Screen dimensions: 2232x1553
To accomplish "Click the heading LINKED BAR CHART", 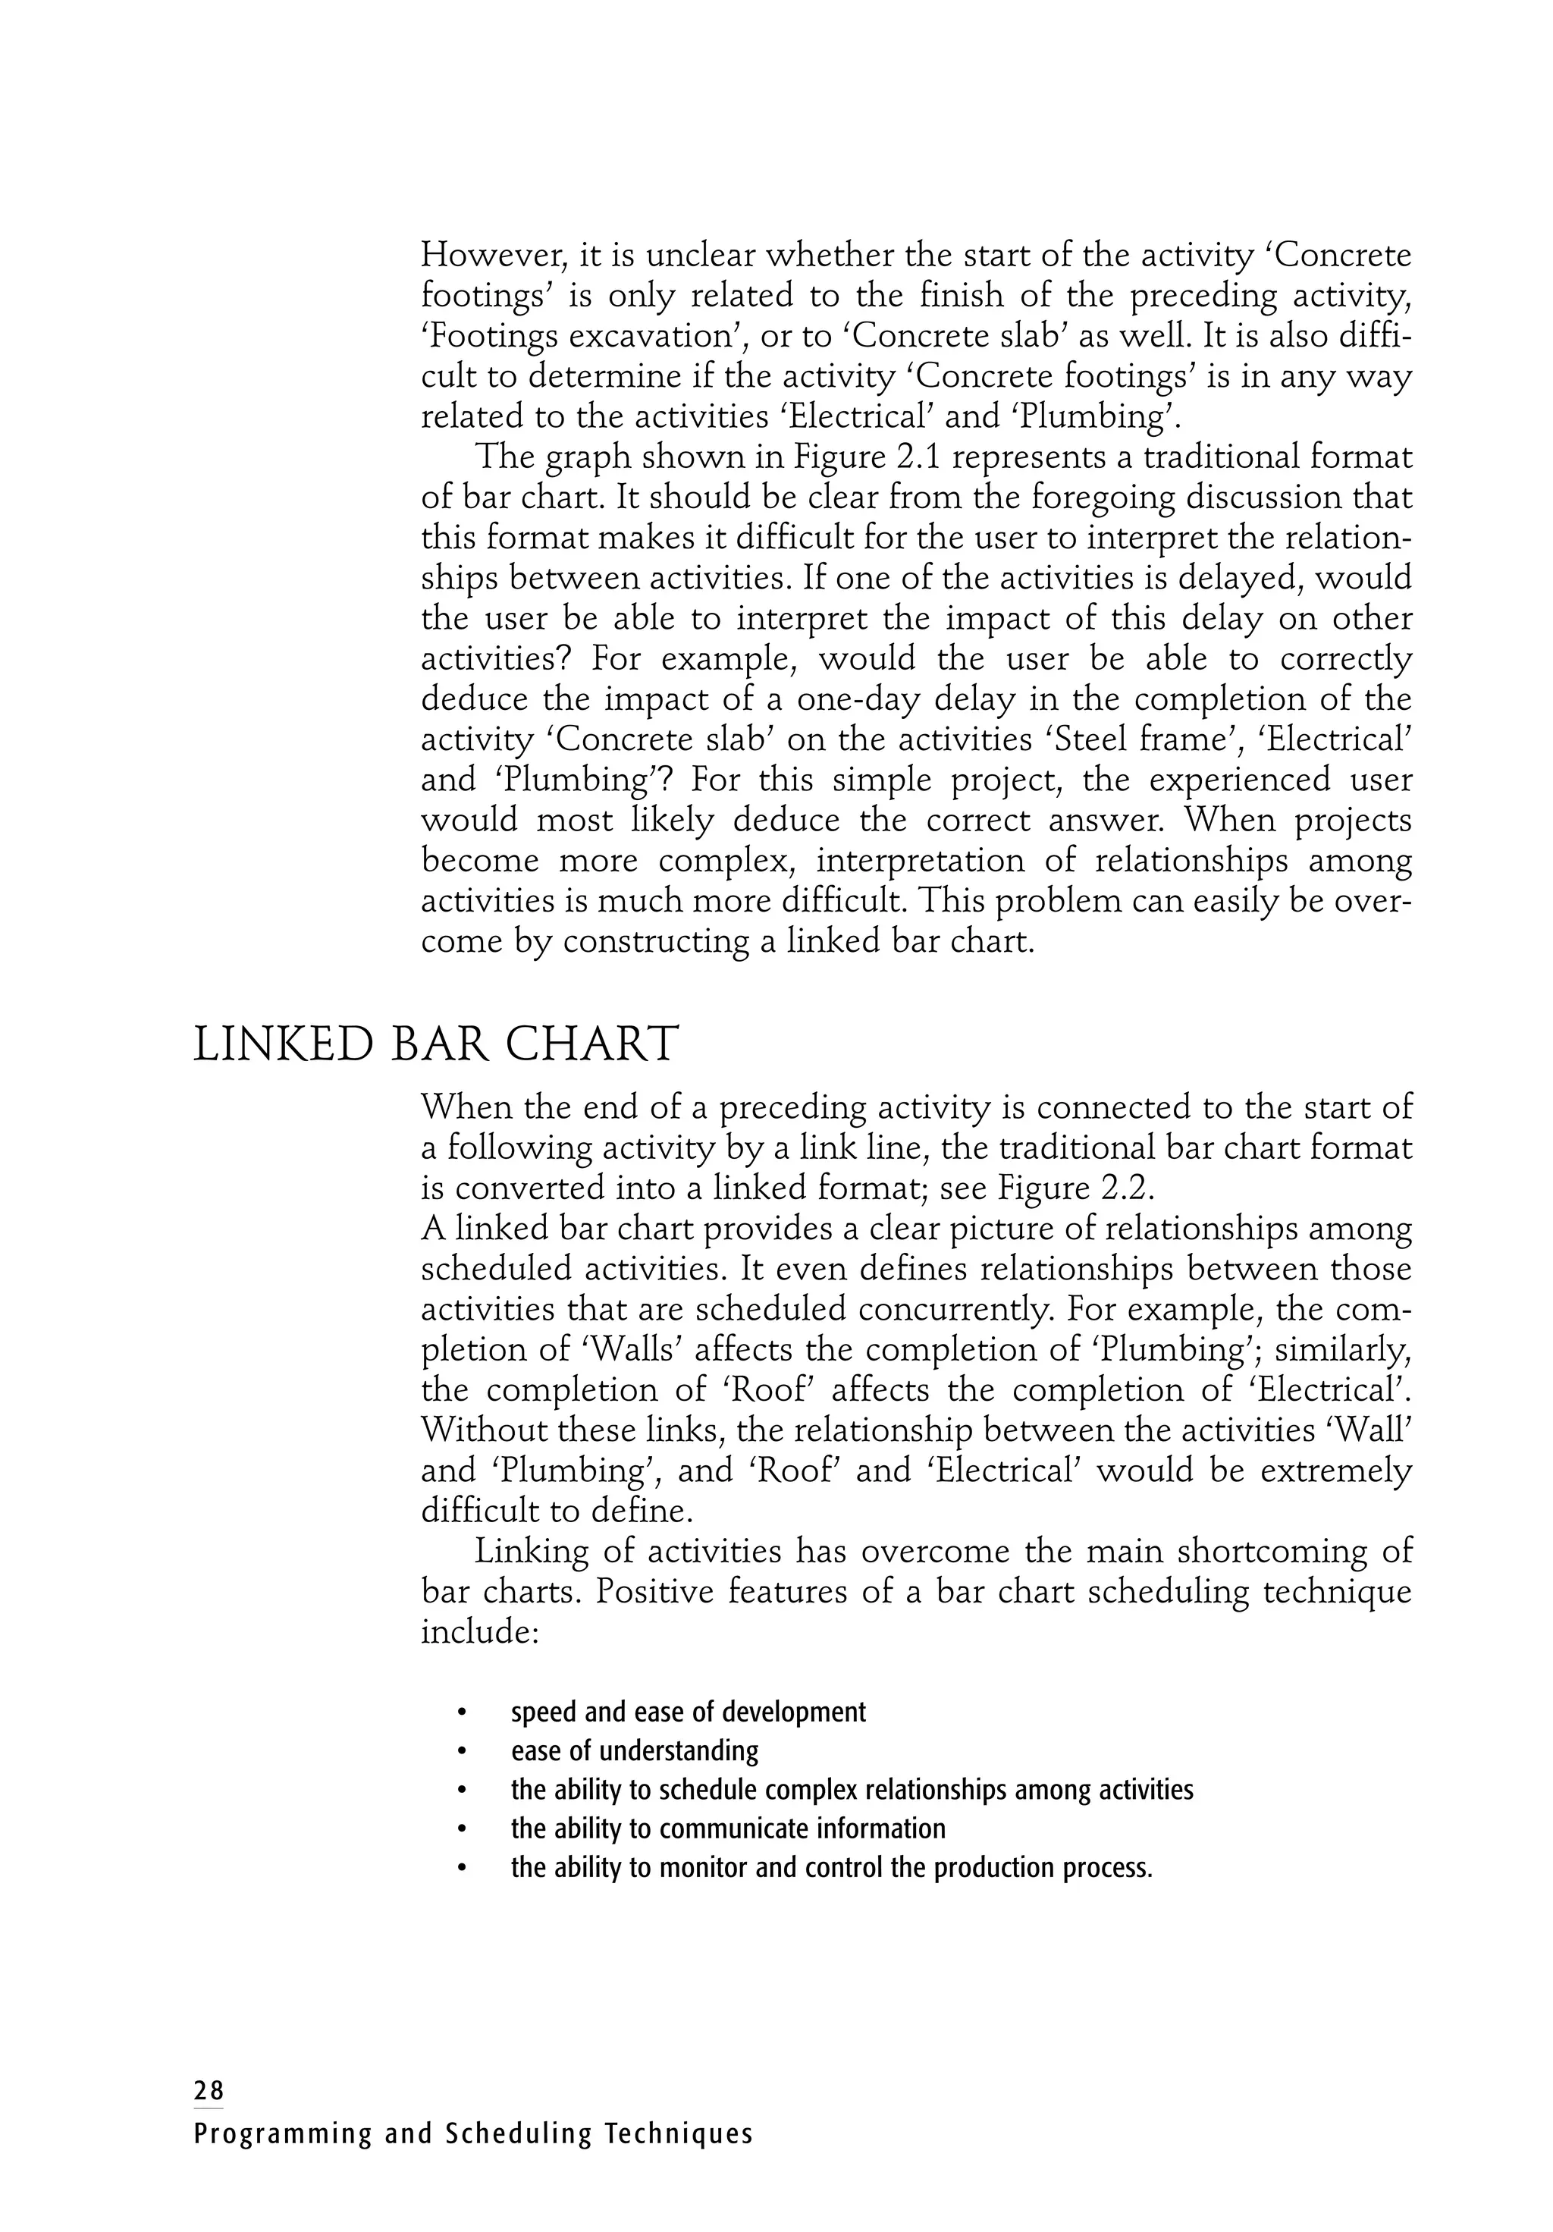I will pos(435,1046).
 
